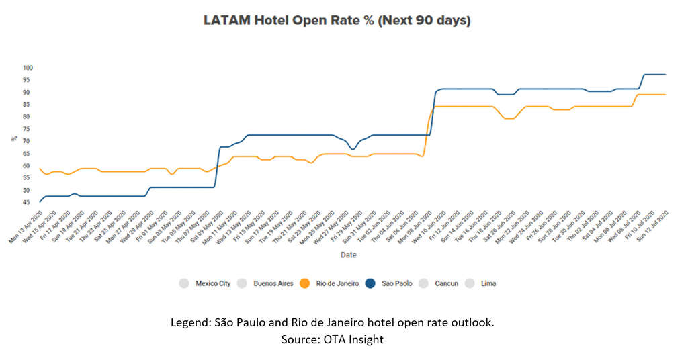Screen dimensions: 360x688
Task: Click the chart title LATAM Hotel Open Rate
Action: (x=337, y=21)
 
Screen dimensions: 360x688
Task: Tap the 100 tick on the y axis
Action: (x=28, y=68)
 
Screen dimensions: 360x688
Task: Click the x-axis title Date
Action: (x=347, y=255)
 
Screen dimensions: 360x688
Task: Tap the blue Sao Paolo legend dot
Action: (x=370, y=283)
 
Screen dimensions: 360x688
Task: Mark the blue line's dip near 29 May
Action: (x=351, y=149)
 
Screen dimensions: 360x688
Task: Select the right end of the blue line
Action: (x=665, y=74)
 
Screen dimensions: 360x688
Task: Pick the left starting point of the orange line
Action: (x=40, y=169)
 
